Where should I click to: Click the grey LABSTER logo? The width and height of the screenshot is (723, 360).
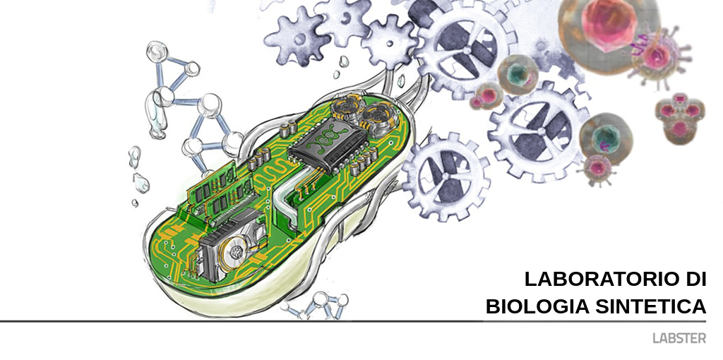click(x=679, y=338)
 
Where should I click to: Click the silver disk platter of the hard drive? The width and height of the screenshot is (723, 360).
click(x=236, y=251)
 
